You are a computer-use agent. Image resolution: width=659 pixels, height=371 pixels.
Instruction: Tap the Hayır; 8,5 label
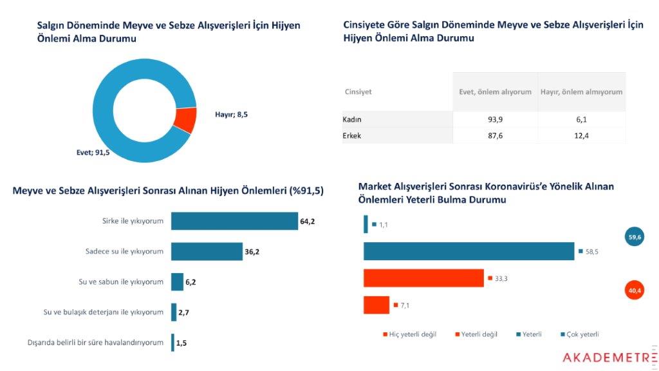231,115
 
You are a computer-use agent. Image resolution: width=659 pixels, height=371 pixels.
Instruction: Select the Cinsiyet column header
358,92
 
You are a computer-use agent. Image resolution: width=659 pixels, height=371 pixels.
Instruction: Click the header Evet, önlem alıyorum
495,92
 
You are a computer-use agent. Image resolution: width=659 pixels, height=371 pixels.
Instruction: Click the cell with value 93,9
495,120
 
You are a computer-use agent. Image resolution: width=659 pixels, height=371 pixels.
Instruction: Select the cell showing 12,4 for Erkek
582,136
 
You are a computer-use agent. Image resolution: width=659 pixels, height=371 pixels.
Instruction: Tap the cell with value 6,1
582,120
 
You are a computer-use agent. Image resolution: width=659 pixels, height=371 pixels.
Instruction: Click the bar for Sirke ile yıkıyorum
234,222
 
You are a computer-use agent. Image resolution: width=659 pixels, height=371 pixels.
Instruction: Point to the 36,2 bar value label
252,252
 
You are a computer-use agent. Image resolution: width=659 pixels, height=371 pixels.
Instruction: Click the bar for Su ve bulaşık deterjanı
174,312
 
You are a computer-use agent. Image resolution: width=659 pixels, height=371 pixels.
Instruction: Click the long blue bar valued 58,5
469,251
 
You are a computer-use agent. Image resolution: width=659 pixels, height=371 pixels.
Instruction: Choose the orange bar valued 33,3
423,278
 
